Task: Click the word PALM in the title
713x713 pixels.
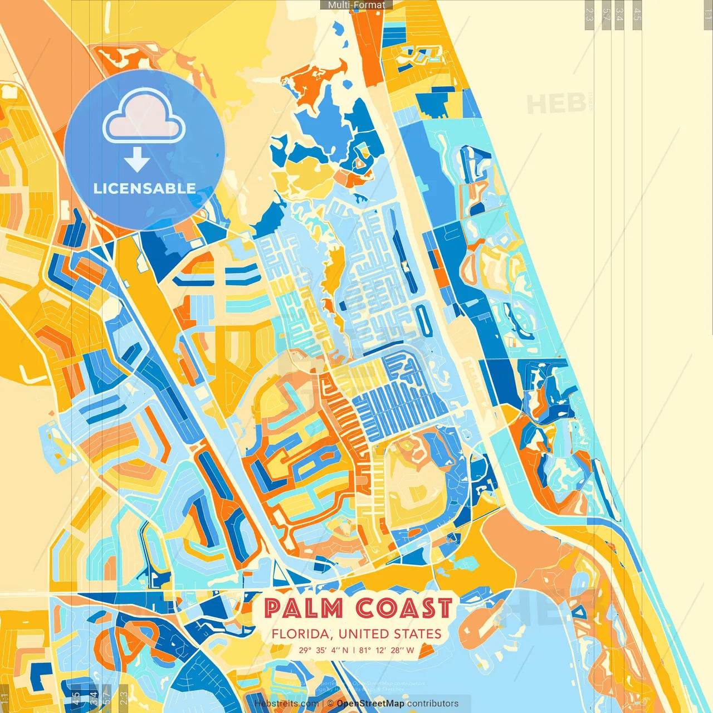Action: pyautogui.click(x=303, y=608)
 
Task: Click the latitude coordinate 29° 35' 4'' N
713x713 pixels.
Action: pyautogui.click(x=323, y=650)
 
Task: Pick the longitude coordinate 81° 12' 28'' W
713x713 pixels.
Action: pyautogui.click(x=387, y=650)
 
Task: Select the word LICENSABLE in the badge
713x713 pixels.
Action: pyautogui.click(x=144, y=188)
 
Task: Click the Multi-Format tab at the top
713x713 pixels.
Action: pyautogui.click(x=356, y=5)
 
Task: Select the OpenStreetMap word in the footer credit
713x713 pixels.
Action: pyautogui.click(x=370, y=704)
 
